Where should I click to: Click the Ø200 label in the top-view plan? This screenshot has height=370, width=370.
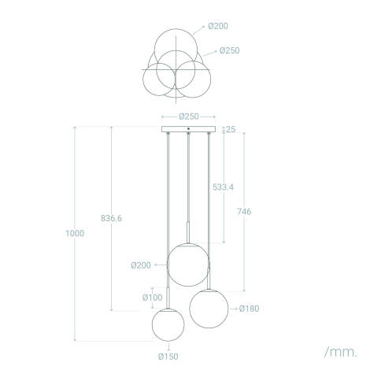tap(219, 26)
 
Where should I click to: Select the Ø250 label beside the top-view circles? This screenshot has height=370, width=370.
tap(230, 50)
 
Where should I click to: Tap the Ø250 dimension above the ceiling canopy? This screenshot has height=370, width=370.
tap(188, 116)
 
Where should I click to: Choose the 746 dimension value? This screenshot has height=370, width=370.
tap(245, 212)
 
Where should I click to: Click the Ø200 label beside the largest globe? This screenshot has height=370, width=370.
tap(140, 265)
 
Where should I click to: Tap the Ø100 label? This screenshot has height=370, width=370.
tap(152, 297)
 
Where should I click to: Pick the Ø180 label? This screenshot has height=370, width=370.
tap(249, 308)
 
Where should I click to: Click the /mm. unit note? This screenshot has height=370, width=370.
tap(339, 350)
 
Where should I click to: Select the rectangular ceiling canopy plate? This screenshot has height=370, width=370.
tap(188, 129)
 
